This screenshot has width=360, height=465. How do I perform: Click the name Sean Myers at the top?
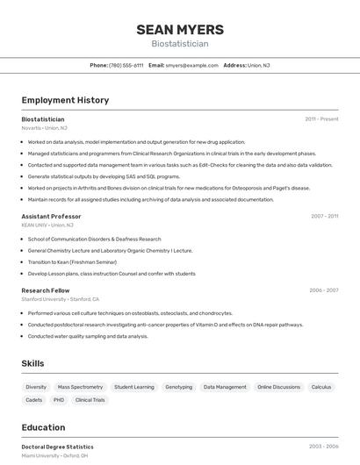pos(179,30)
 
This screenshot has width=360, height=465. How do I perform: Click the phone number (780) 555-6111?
pos(126,66)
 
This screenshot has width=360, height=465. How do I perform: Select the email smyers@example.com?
pos(191,66)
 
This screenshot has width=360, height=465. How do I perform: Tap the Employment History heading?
pos(65,100)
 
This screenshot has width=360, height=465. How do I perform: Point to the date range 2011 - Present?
pos(321,119)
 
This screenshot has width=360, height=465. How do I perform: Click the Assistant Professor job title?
pos(51,216)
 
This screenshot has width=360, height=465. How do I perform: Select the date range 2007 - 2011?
pos(324,216)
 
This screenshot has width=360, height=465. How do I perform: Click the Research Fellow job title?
pos(46,290)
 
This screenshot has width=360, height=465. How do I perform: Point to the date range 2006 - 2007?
pos(323,290)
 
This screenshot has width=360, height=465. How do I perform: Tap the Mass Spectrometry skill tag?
pos(80,387)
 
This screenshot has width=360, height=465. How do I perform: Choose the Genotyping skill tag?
pos(178,387)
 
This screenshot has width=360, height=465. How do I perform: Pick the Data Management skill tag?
pos(225,387)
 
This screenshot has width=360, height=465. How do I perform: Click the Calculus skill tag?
pos(321,387)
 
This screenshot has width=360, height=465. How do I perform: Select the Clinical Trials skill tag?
pos(90,400)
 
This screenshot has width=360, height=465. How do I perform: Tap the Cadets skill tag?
pos(34,400)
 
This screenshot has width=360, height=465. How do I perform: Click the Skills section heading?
pos(33,363)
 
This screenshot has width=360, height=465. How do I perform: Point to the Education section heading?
pos(43,428)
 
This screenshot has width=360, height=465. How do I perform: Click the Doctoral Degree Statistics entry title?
pos(57,447)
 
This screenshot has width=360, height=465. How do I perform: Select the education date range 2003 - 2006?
pos(323,447)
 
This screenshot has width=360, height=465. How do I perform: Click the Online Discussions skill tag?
pos(278,387)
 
